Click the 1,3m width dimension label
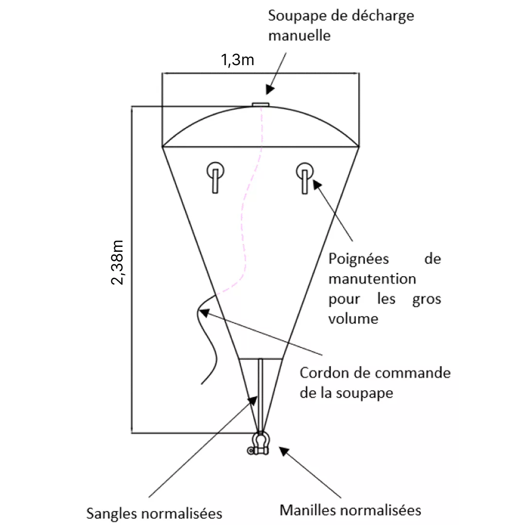237,60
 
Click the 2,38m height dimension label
118,262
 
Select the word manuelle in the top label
299,35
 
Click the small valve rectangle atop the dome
261,105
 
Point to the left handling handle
215,177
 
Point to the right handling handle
305,178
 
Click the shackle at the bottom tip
259,443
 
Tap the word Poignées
359,259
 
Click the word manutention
372,279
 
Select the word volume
353,319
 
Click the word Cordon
324,373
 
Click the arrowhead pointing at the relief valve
270,89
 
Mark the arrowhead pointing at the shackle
284,451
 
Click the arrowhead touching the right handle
317,185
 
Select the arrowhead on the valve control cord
205,313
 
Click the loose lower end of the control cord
202,384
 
